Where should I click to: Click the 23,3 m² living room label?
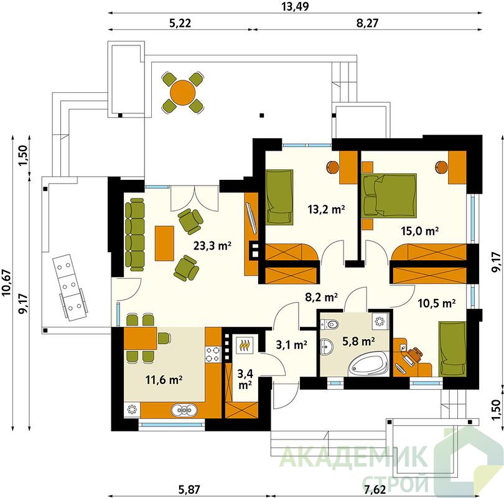212,247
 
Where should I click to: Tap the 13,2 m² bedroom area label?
326,210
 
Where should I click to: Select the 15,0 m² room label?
420,231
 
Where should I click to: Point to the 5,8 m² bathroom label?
358,341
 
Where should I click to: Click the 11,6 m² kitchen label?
164,380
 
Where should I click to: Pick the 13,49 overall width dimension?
295,6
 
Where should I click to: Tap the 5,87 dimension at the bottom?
189,490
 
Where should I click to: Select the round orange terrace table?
183,93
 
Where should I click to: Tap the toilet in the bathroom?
330,324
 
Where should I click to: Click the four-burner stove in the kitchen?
213,354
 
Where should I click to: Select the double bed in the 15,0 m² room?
389,195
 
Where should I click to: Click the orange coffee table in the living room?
164,243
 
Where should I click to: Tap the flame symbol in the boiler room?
245,345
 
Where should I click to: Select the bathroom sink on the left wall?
327,347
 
